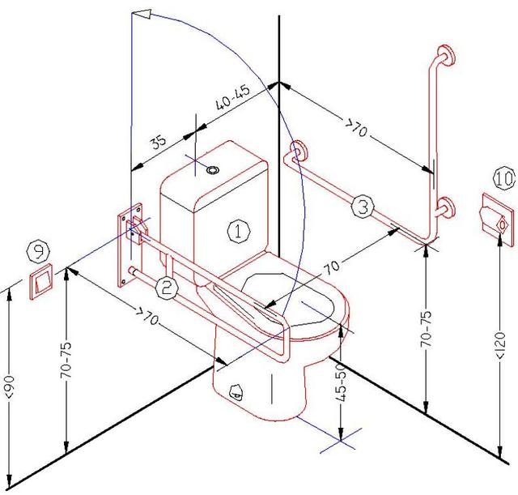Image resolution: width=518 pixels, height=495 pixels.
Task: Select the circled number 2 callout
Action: point(166,287)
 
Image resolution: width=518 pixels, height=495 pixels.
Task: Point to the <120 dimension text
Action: point(501,346)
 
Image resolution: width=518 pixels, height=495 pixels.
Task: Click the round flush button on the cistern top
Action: point(213,170)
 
